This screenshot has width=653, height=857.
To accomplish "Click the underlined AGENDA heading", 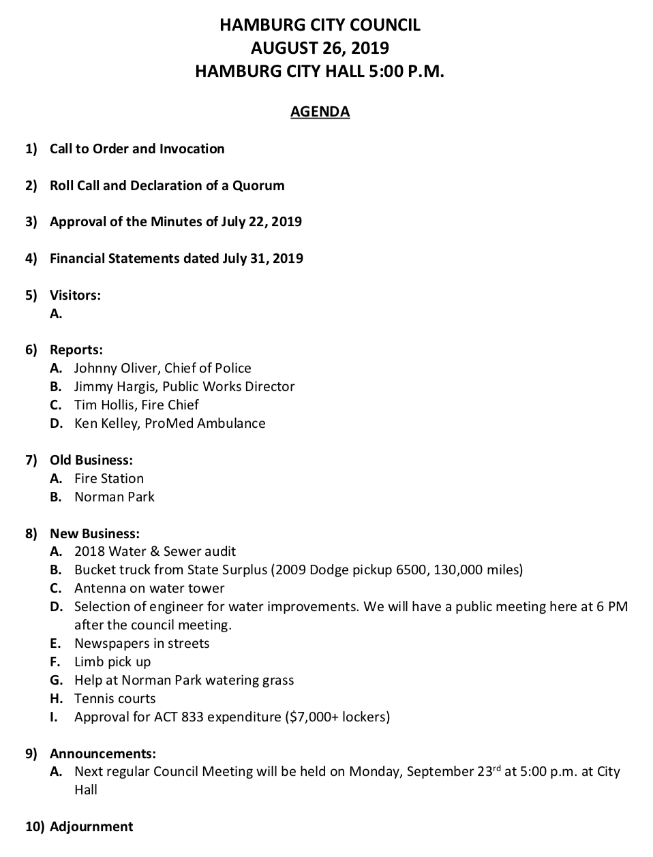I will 320,112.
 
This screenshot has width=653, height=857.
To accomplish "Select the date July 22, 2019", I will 261,222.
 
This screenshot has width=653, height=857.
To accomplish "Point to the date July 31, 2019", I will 262,259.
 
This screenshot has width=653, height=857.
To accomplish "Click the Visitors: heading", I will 75,296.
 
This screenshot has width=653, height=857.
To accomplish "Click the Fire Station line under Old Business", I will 109,479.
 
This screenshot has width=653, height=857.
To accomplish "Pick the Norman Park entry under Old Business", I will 115,497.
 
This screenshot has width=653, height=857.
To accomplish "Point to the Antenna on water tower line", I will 149,589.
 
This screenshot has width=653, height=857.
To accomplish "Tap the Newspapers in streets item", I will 142,644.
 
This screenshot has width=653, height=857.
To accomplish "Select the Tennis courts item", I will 115,699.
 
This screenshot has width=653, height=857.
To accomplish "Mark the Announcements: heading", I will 103,754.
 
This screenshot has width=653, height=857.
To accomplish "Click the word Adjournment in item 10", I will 91,827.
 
